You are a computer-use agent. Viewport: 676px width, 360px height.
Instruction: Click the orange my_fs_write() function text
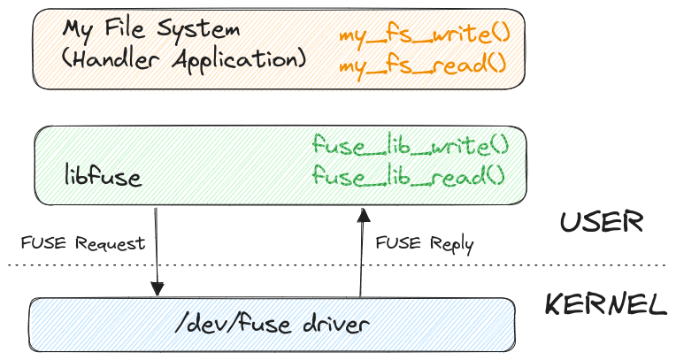tap(425, 36)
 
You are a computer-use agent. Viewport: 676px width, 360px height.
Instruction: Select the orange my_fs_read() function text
tap(422, 64)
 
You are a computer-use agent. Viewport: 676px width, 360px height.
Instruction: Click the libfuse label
tap(103, 177)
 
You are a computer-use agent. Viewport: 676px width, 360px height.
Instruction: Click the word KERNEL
tap(605, 306)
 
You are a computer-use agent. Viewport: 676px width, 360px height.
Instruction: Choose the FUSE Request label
tap(82, 243)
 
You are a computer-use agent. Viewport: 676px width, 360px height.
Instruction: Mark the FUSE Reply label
tap(425, 243)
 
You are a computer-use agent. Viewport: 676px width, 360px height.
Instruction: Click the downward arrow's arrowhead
tap(157, 289)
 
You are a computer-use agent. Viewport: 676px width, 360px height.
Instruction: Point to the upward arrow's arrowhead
tap(361, 215)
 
